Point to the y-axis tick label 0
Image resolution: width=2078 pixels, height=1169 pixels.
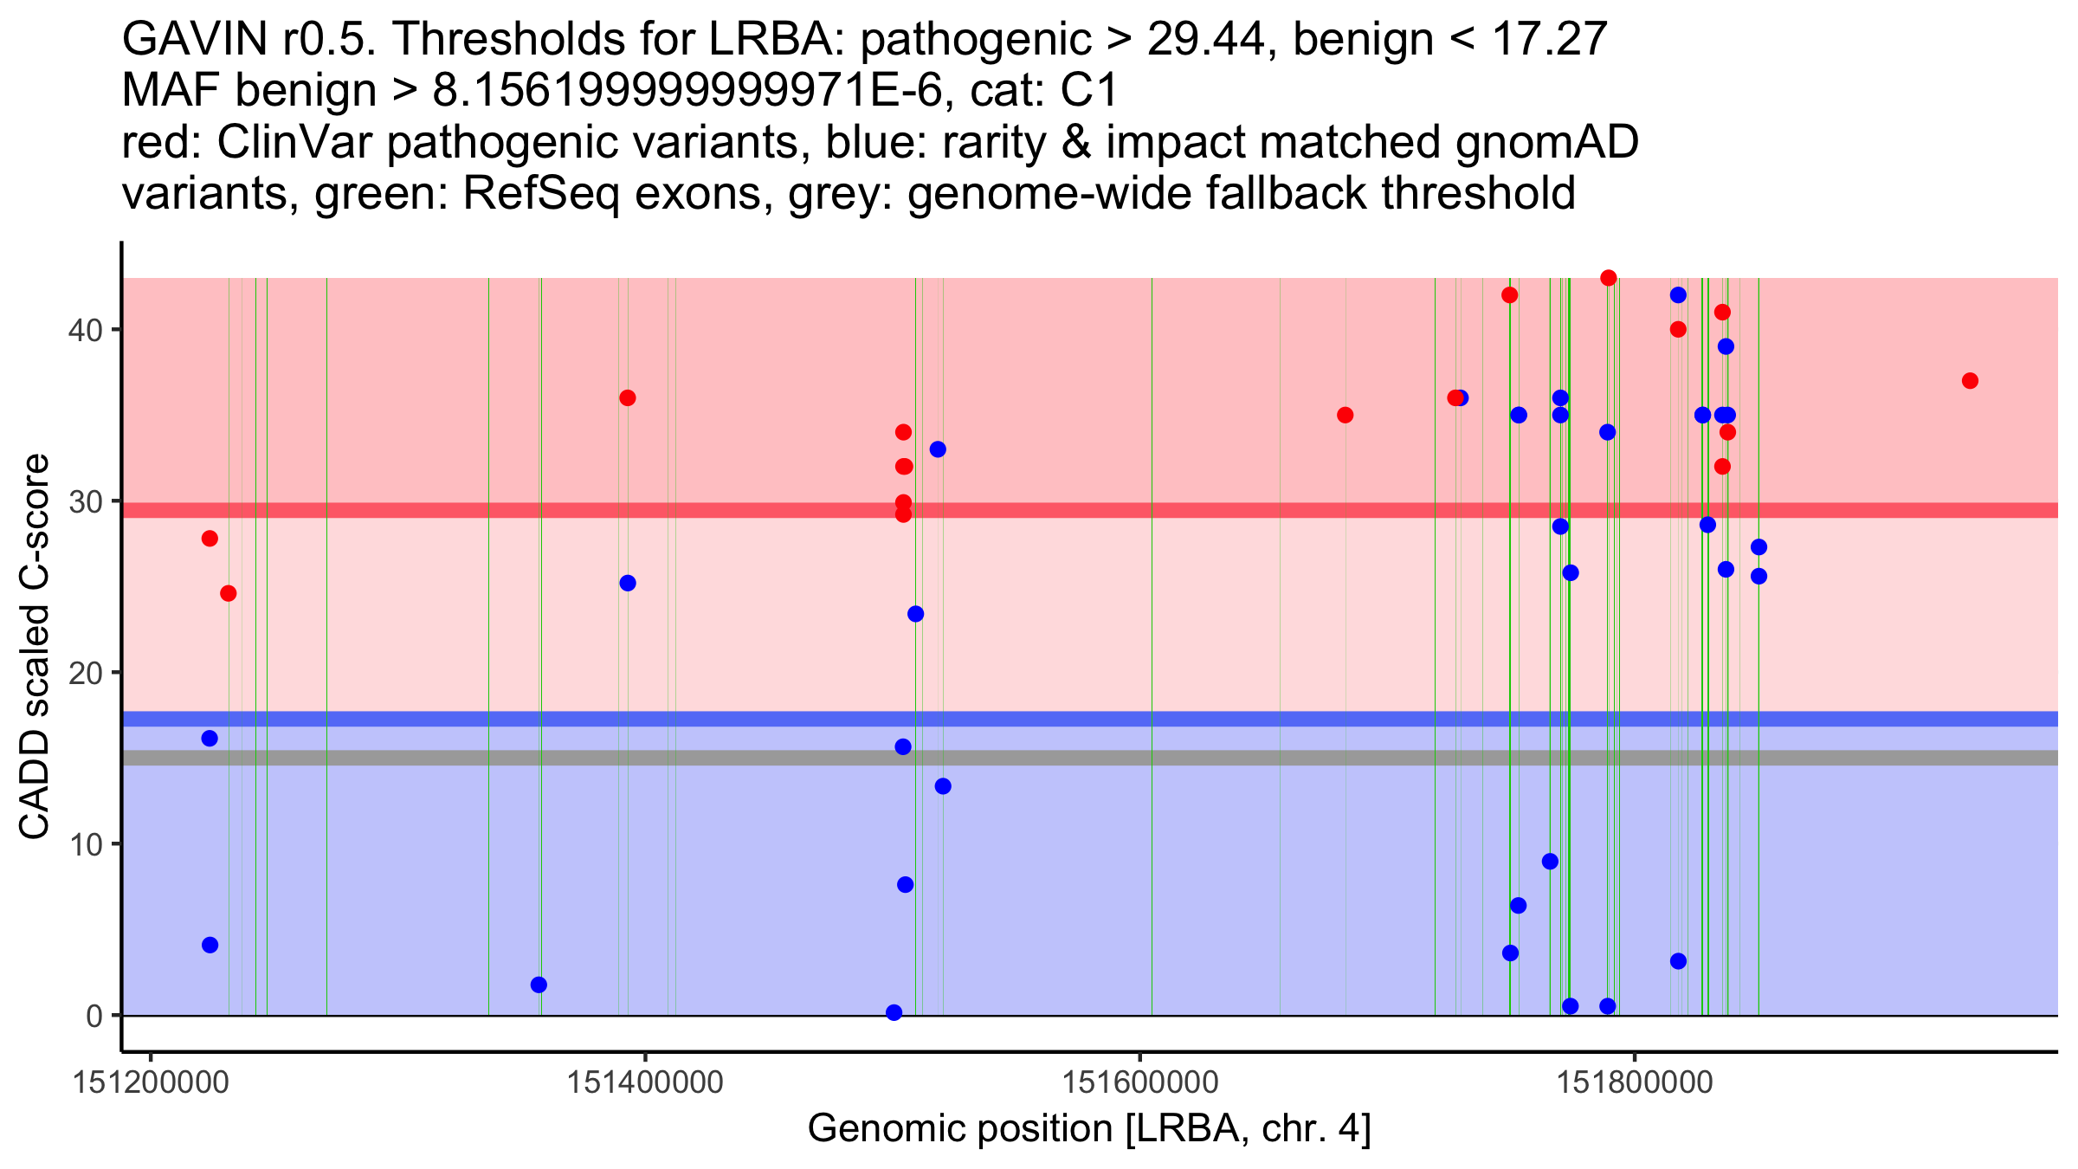(94, 1016)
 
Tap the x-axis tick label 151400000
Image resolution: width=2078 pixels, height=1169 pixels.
(645, 1082)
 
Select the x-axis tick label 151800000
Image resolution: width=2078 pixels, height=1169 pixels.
(1635, 1082)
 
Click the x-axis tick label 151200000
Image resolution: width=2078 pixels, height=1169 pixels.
(152, 1082)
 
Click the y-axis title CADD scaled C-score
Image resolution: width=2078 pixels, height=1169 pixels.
(35, 647)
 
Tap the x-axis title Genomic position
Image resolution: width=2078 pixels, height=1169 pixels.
(1089, 1128)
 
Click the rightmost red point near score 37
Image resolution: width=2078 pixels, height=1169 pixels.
(1970, 381)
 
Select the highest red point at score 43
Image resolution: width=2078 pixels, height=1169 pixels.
(1609, 278)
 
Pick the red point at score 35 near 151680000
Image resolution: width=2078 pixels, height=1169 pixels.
(1345, 416)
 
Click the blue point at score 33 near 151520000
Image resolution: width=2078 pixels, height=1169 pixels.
(938, 449)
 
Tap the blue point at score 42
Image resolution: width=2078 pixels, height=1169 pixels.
(1678, 295)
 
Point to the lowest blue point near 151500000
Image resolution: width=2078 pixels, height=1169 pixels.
(894, 1012)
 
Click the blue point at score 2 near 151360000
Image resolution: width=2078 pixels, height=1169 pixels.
(539, 985)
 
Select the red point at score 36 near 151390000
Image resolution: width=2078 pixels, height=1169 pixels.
(628, 398)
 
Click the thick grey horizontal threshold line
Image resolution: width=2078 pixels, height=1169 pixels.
(1039, 758)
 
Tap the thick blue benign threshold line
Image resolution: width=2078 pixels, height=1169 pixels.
(1039, 719)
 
